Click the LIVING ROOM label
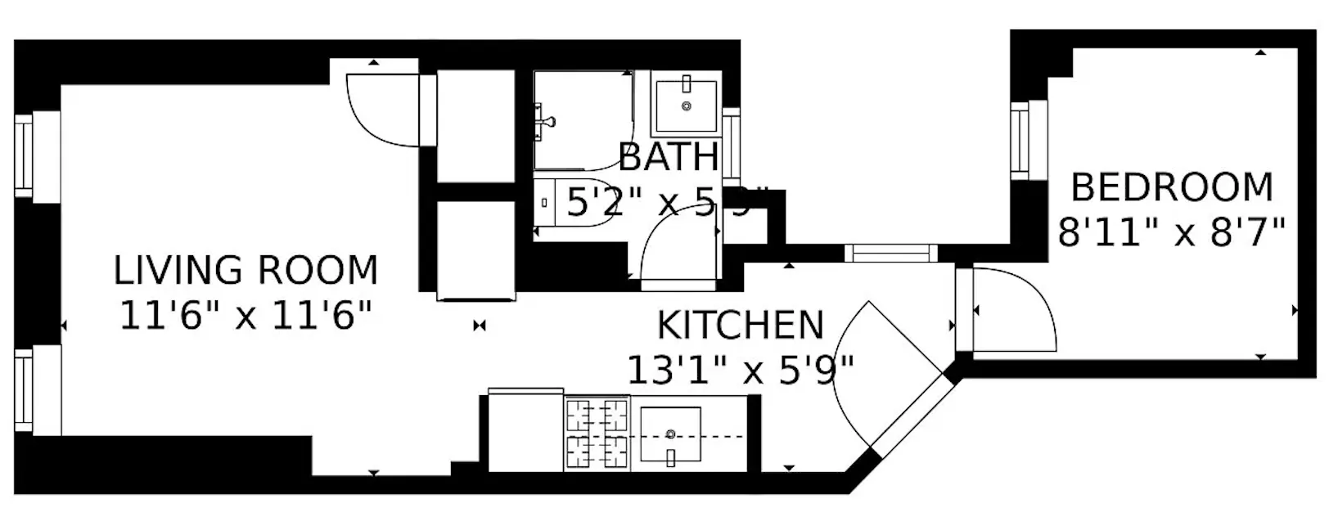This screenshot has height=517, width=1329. [246, 271]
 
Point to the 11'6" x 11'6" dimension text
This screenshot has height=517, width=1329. [246, 315]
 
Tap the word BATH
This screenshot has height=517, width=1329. [669, 157]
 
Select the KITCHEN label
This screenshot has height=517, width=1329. [740, 325]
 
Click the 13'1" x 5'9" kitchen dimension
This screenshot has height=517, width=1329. [740, 369]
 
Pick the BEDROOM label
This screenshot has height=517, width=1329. [1172, 187]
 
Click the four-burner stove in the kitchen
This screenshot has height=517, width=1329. [597, 434]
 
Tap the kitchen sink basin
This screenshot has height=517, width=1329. [671, 434]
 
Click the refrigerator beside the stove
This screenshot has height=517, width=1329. [526, 432]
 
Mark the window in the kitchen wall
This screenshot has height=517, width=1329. [890, 253]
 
